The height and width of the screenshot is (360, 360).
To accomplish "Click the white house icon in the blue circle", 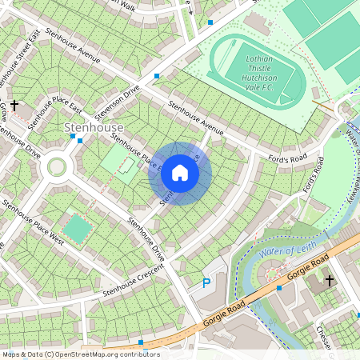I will pyautogui.click(x=180, y=173).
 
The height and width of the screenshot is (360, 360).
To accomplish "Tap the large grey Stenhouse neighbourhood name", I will pyautogui.click(x=94, y=128).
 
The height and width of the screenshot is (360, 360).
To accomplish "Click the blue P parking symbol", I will pyautogui.click(x=206, y=282).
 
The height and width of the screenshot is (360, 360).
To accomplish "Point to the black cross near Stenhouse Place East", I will pyautogui.click(x=14, y=105).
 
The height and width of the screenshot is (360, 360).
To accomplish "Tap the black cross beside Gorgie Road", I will pyautogui.click(x=330, y=280).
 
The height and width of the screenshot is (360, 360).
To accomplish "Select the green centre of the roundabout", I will pyautogui.click(x=57, y=166).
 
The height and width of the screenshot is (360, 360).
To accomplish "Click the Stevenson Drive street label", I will pyautogui.click(x=118, y=102).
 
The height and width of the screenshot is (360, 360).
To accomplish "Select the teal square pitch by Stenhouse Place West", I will pyautogui.click(x=77, y=229).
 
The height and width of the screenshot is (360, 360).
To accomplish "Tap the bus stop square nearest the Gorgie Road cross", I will pyautogui.click(x=278, y=287).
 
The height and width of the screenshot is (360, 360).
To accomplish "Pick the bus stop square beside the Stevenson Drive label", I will pyautogui.click(x=157, y=76).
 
